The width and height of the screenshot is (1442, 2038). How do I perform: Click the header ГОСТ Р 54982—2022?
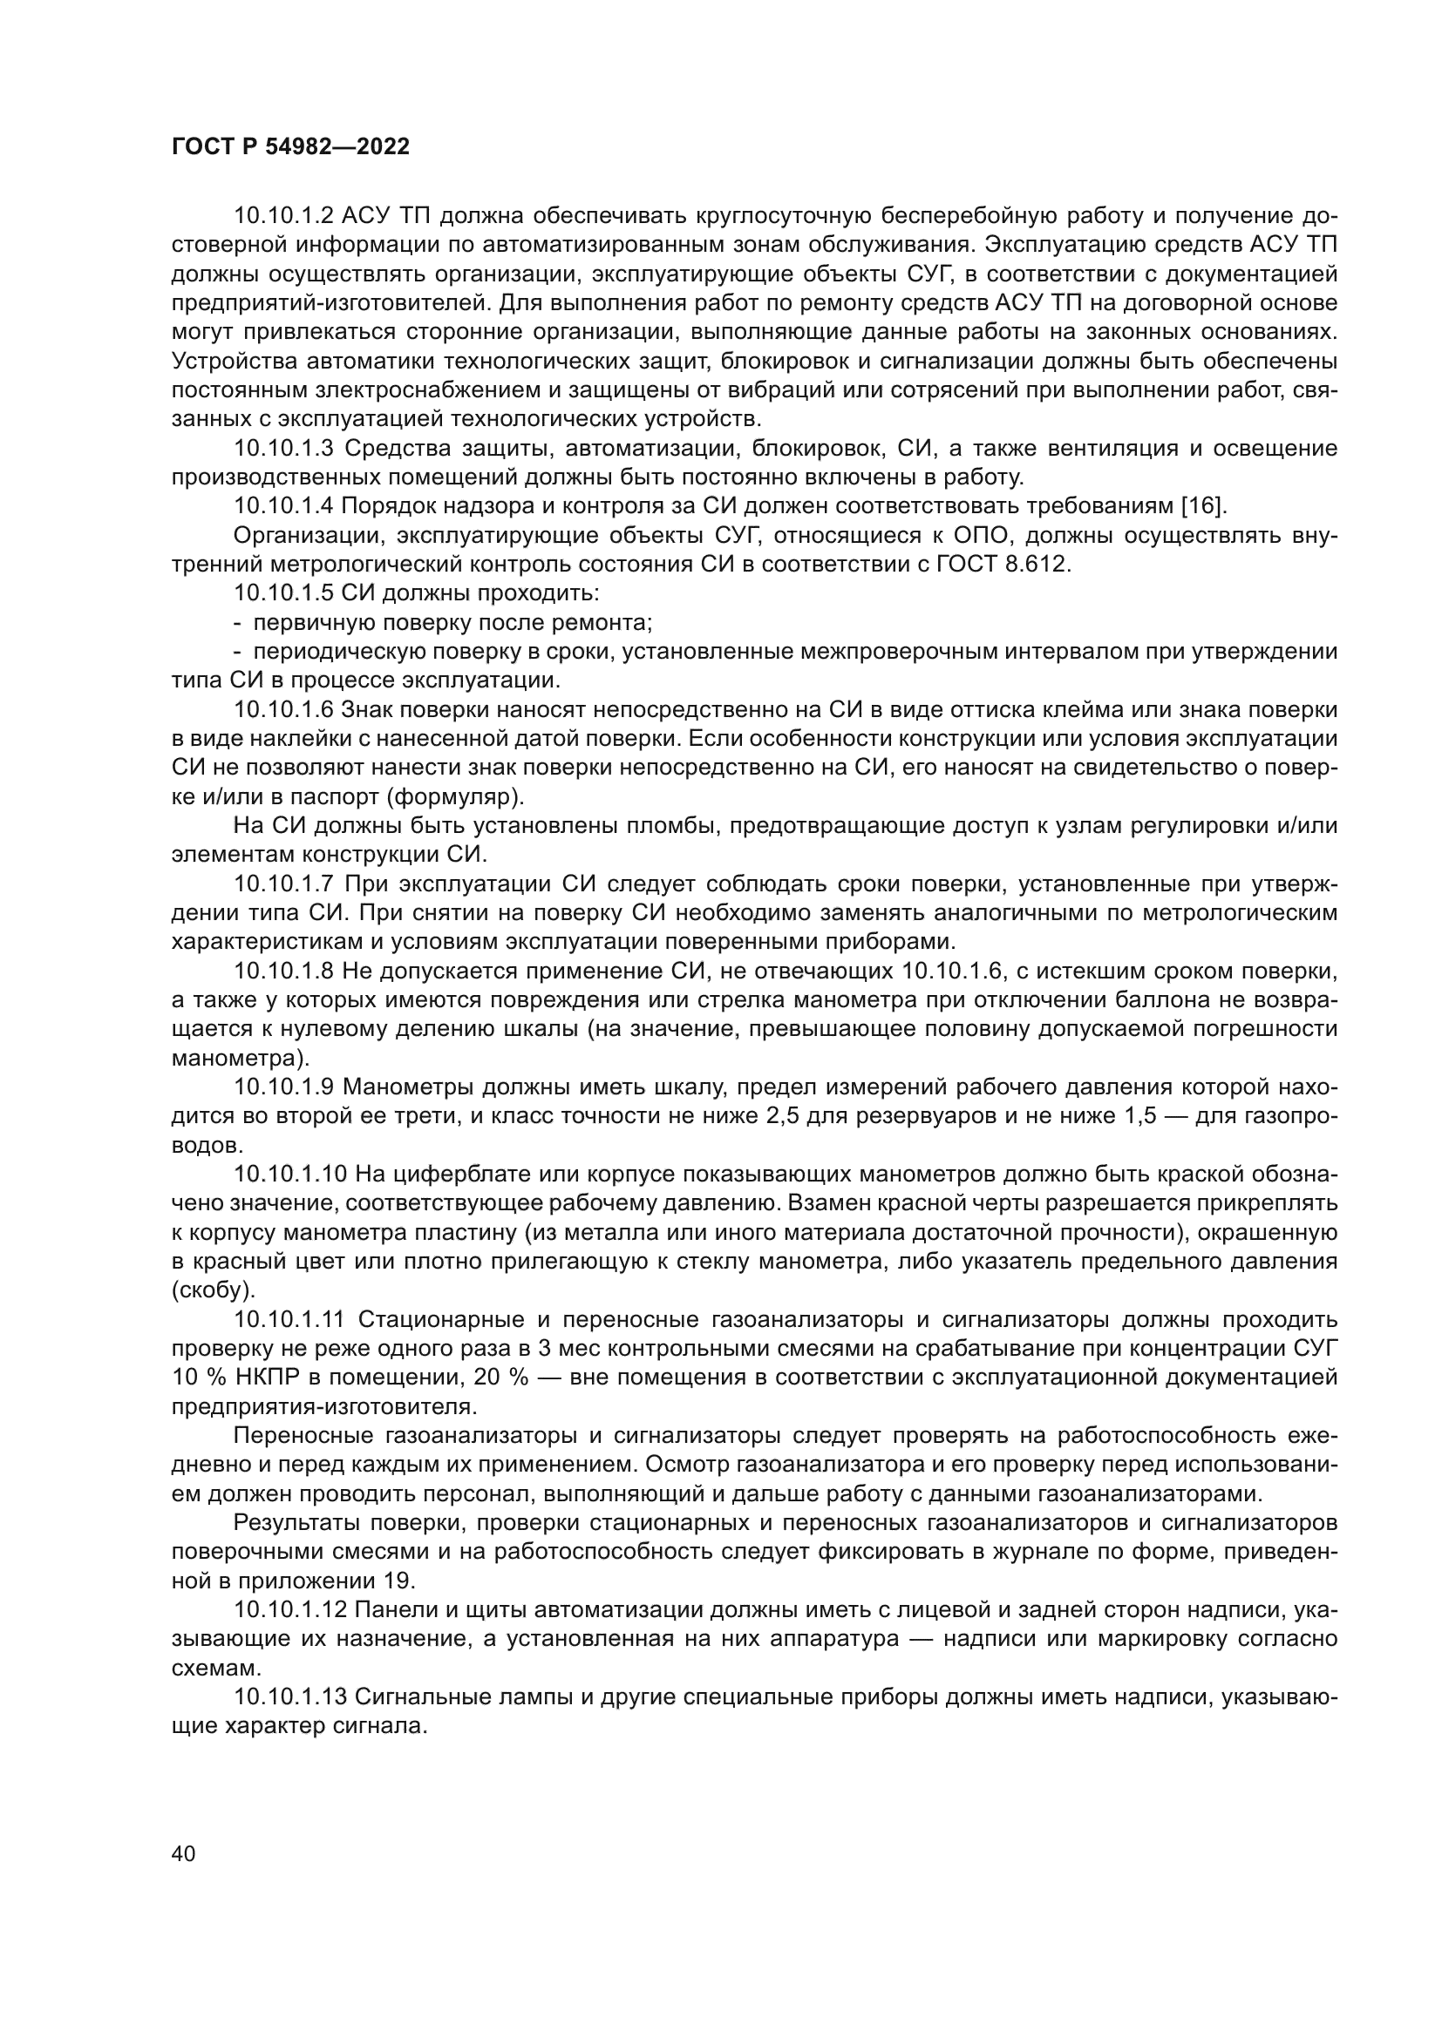click(290, 147)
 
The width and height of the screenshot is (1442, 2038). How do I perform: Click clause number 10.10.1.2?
click(283, 217)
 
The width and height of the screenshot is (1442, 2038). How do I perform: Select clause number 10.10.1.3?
click(283, 449)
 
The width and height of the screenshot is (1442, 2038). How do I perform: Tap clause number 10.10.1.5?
click(283, 594)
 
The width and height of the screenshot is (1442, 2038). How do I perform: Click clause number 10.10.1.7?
click(283, 885)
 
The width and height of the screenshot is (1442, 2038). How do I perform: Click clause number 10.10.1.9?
click(283, 1088)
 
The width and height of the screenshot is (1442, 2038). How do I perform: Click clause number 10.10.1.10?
click(289, 1175)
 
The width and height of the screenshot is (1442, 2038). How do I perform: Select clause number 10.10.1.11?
click(289, 1321)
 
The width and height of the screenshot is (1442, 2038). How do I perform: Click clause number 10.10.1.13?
click(289, 1698)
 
